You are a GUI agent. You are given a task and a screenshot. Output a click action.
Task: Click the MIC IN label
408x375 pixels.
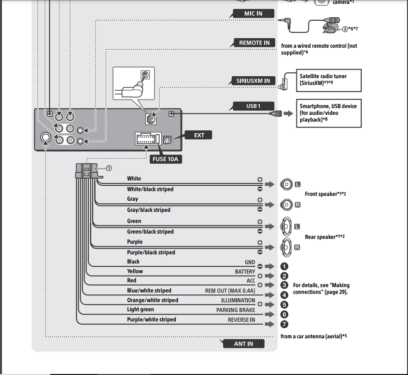pyautogui.click(x=253, y=14)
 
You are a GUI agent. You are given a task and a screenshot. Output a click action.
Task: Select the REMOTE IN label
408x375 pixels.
pyautogui.click(x=254, y=42)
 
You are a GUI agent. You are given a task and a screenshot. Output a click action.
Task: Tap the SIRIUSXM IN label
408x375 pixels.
pyautogui.click(x=253, y=81)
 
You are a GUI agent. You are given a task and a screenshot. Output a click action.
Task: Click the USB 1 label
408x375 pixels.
pyautogui.click(x=253, y=106)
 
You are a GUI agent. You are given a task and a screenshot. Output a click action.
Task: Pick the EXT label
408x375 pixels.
pyautogui.click(x=199, y=135)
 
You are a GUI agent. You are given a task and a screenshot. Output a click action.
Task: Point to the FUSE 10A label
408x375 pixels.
pyautogui.click(x=166, y=159)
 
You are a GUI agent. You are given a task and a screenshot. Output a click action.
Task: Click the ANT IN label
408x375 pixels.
pyautogui.click(x=243, y=344)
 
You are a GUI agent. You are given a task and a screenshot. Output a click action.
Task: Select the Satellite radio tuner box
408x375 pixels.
pyautogui.click(x=329, y=80)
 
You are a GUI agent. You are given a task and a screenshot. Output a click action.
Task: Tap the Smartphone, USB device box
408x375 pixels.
pyautogui.click(x=329, y=113)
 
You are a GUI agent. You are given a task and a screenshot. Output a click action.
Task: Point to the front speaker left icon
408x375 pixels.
pyautogui.click(x=286, y=184)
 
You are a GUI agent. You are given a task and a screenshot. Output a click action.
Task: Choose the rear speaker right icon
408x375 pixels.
pyautogui.click(x=286, y=247)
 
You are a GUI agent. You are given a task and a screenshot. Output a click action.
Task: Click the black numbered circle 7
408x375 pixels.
pyautogui.click(x=284, y=324)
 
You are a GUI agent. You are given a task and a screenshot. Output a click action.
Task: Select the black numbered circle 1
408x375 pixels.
pyautogui.click(x=284, y=266)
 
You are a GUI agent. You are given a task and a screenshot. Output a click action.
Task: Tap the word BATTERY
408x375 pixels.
pyautogui.click(x=245, y=272)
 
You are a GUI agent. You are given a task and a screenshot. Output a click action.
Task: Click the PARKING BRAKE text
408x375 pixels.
pyautogui.click(x=236, y=310)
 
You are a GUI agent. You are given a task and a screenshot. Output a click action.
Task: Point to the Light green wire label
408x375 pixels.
pyautogui.click(x=141, y=309)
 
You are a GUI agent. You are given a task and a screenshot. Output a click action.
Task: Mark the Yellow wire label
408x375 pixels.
pyautogui.click(x=135, y=271)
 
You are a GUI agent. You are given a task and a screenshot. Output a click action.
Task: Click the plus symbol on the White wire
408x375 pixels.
pyautogui.click(x=260, y=180)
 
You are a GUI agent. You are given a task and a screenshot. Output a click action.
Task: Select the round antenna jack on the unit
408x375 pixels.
pyautogui.click(x=46, y=138)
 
